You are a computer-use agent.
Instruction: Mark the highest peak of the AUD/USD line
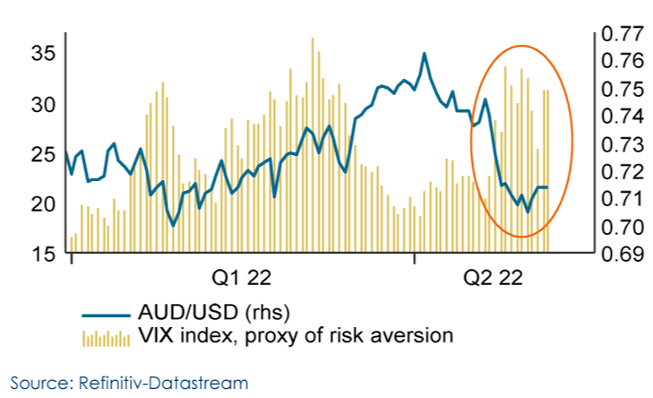[x=424, y=54]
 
